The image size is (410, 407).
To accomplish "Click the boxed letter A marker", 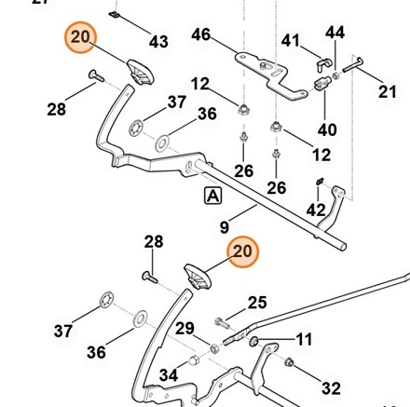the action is (212, 196).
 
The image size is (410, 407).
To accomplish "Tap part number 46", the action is (201, 34).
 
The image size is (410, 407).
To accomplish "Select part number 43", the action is (158, 41).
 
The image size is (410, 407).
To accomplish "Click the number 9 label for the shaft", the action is (225, 227).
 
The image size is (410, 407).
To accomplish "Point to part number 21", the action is (388, 91).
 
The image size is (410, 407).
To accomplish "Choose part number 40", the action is (327, 129).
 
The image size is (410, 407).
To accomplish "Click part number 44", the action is (335, 33).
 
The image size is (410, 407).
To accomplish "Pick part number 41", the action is (291, 40).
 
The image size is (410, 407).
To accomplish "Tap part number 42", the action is (316, 210).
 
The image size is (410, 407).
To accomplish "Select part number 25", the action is (257, 303).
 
